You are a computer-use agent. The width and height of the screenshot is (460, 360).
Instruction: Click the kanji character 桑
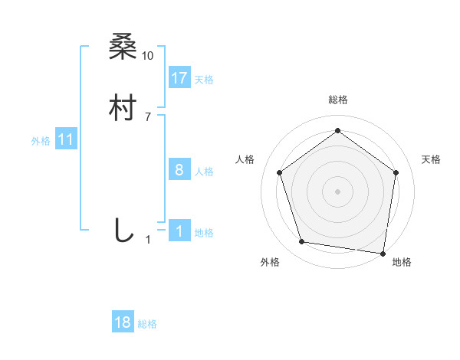(x=123, y=48)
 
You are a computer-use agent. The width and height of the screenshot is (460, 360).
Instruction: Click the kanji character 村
(x=123, y=109)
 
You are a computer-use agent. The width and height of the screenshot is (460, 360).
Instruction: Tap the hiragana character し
(x=123, y=231)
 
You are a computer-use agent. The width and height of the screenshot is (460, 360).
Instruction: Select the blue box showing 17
(x=179, y=78)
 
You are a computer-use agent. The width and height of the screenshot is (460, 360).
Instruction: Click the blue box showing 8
(x=179, y=170)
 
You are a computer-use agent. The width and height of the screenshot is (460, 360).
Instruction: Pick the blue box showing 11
(x=66, y=139)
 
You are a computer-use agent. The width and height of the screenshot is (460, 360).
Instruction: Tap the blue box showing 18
(x=123, y=322)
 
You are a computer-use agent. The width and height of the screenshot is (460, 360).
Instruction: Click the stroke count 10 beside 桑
(x=148, y=56)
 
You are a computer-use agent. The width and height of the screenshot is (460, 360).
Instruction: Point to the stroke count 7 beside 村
(x=148, y=116)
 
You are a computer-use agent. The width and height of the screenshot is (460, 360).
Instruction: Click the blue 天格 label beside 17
(x=204, y=80)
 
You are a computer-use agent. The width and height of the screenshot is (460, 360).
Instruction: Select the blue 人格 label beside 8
(x=204, y=172)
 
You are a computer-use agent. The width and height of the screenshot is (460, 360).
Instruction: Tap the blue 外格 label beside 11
(x=41, y=141)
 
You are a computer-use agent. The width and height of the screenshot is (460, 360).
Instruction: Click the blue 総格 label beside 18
(x=147, y=324)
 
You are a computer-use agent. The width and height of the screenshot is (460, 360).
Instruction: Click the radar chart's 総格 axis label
(x=337, y=100)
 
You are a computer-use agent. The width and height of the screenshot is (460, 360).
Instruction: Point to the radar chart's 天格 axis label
(x=432, y=159)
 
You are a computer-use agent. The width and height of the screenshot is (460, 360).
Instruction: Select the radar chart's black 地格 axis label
(x=402, y=262)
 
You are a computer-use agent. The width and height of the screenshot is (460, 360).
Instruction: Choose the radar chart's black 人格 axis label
(x=245, y=159)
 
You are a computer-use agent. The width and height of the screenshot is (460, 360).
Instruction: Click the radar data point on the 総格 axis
(x=337, y=130)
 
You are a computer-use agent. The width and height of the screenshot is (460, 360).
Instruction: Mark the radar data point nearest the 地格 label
(x=383, y=253)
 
